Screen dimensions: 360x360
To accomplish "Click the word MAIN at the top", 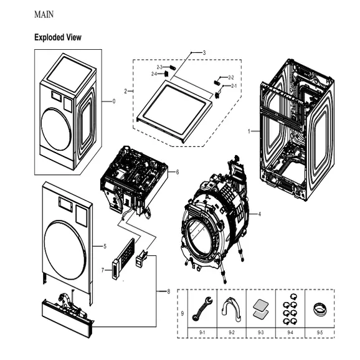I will [x=43, y=14].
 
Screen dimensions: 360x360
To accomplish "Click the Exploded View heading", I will [x=57, y=38].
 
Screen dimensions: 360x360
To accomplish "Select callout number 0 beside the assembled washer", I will [x=113, y=102].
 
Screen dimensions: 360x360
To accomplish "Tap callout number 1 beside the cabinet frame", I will [x=249, y=131].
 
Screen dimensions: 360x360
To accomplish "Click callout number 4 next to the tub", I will [x=259, y=214].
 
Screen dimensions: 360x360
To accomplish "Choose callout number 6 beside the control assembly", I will [x=177, y=171].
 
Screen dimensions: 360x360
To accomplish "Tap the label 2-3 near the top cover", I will [x=159, y=67].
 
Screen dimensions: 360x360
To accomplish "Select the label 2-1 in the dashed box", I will [x=234, y=85].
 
